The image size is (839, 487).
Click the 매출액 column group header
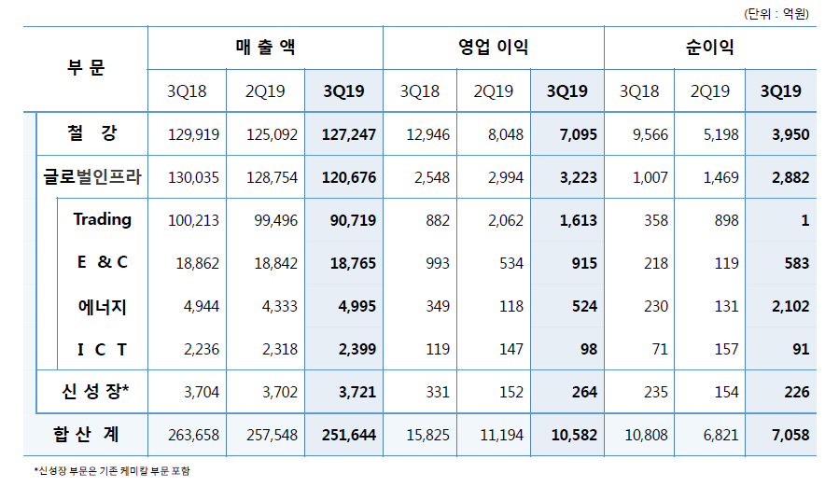point(266,48)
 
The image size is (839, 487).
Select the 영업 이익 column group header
point(494,48)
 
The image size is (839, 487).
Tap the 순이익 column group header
point(710,48)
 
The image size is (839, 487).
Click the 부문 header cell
point(86,68)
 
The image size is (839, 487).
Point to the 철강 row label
point(92,133)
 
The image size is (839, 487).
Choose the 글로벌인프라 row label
point(92,177)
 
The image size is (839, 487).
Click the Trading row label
point(103,220)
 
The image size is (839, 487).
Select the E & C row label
point(103,263)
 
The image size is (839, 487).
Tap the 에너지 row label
point(103,306)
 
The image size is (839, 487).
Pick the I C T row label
point(103,349)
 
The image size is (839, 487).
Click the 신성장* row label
point(92,392)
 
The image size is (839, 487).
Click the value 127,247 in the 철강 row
point(348,135)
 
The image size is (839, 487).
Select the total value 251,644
point(348,436)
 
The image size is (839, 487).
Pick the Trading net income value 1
point(804,221)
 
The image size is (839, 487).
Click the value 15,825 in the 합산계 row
point(428,436)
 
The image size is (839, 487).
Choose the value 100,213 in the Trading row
point(193,221)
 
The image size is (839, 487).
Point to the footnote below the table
point(112,472)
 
